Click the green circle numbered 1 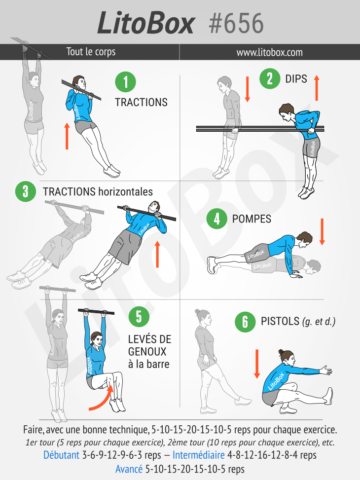click(126, 82)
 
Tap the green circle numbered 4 click(216, 219)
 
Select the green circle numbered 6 click(245, 322)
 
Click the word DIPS click(296, 78)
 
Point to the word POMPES click(252, 219)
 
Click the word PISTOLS click(280, 321)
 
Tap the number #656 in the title click(236, 24)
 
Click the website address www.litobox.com click(269, 52)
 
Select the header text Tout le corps click(91, 52)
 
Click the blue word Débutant click(61, 455)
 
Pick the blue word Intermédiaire click(198, 455)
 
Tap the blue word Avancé click(129, 469)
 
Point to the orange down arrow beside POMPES click(322, 232)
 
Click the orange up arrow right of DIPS click(317, 88)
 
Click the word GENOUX click(147, 352)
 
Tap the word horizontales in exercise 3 click(126, 191)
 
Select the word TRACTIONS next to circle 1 click(141, 102)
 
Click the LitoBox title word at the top click(145, 23)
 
